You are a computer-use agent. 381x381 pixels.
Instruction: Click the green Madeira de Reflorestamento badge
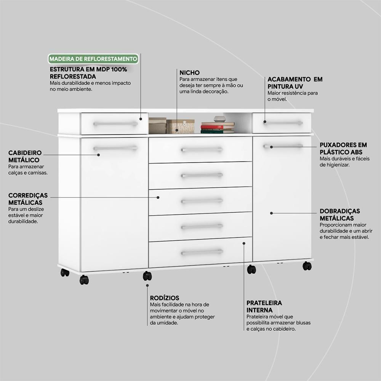(x=93, y=59)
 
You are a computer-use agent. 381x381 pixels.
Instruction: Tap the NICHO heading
(x=189, y=73)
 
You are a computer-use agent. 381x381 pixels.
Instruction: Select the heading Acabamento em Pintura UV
(x=295, y=83)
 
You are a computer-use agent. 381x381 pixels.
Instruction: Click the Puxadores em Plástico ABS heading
(x=343, y=149)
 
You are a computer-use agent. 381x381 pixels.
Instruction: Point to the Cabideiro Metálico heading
(x=25, y=157)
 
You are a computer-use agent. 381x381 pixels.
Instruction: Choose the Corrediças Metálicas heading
(x=28, y=199)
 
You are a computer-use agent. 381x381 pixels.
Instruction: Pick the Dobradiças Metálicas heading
(x=340, y=215)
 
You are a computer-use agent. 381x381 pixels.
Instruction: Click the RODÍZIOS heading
(x=165, y=298)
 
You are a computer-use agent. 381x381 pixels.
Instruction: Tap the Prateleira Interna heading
(x=264, y=306)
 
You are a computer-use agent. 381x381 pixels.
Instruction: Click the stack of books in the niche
(x=218, y=128)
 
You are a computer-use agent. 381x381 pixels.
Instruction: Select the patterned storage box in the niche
(x=180, y=126)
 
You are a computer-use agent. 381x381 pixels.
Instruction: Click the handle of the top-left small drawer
(x=115, y=124)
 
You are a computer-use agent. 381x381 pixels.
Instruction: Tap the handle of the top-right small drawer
(x=283, y=123)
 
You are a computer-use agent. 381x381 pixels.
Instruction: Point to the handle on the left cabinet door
(x=115, y=148)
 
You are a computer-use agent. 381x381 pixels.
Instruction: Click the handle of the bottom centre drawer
(x=202, y=253)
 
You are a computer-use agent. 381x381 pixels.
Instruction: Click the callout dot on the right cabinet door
(x=271, y=213)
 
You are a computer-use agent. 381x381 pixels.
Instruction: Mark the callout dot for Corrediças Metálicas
(x=158, y=197)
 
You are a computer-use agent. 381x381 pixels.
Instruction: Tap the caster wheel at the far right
(x=307, y=266)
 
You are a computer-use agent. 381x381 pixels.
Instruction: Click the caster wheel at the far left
(x=65, y=273)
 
